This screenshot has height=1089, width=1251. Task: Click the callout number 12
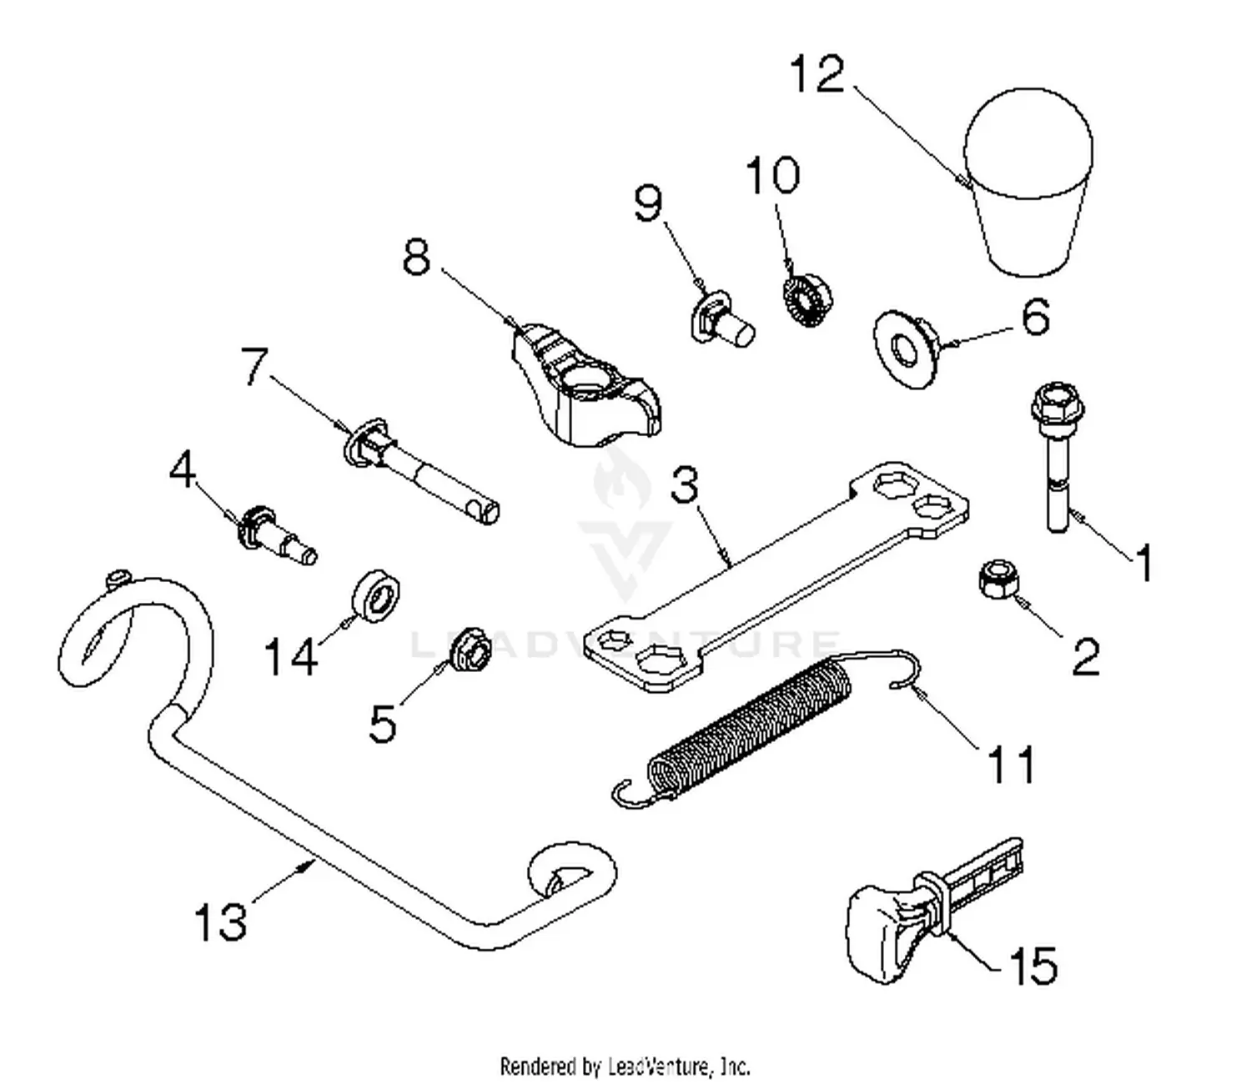pyautogui.click(x=817, y=74)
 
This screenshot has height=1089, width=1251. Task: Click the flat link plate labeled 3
pyautogui.click(x=776, y=575)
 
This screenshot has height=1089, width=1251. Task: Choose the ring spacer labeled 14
pyautogui.click(x=377, y=595)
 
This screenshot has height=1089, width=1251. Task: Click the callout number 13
pyautogui.click(x=220, y=922)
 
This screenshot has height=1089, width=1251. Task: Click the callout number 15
pyautogui.click(x=1032, y=966)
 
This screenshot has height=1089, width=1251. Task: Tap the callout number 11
pyautogui.click(x=1010, y=764)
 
